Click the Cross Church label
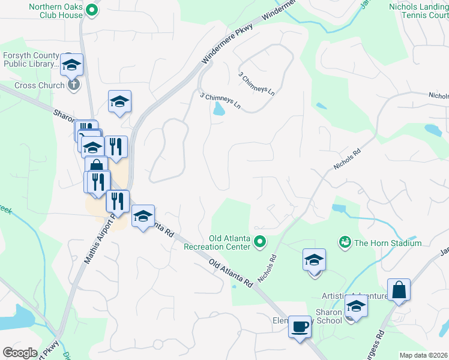coord(39,85)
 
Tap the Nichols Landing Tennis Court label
coord(419,10)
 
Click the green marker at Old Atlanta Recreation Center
coord(260,242)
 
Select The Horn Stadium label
coord(388,243)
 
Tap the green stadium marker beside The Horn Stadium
coord(345,242)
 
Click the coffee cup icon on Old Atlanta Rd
coord(300,327)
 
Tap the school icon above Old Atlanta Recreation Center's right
coord(314,260)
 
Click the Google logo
coord(20,353)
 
